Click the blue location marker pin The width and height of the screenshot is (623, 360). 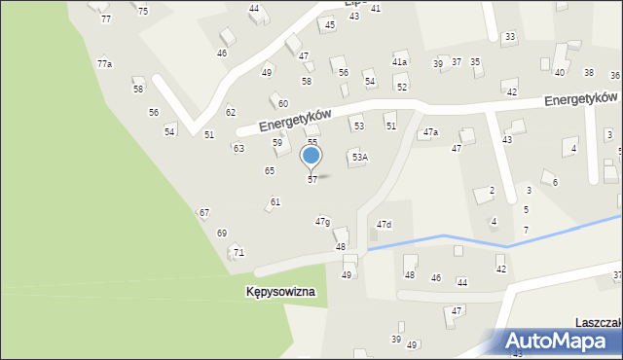click(x=311, y=156)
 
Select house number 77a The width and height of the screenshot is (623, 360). click(x=104, y=63)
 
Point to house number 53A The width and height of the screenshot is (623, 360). click(x=359, y=157)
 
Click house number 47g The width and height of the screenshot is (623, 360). click(x=322, y=222)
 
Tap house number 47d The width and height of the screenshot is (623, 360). click(x=384, y=225)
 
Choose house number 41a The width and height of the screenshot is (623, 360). click(x=399, y=61)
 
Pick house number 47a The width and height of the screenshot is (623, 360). click(x=430, y=131)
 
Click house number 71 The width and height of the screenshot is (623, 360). click(x=238, y=253)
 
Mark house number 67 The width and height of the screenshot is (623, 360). click(x=204, y=212)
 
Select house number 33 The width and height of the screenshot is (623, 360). click(x=509, y=37)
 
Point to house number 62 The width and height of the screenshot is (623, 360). click(x=231, y=112)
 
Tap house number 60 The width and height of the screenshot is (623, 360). click(x=282, y=103)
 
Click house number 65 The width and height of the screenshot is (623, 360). click(x=270, y=170)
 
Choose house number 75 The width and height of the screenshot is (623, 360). click(x=143, y=11)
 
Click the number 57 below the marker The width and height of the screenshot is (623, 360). click(x=311, y=180)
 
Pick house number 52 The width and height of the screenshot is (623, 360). click(x=401, y=88)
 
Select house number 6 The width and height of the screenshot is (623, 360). click(x=555, y=182)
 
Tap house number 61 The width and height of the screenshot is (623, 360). click(x=275, y=201)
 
